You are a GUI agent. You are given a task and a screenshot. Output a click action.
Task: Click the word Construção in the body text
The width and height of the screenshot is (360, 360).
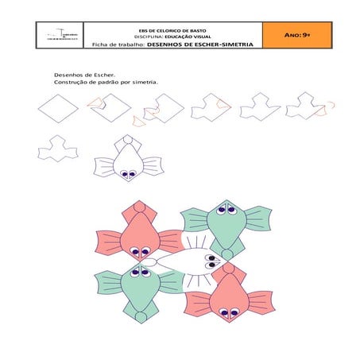pyautogui.click(x=70, y=82)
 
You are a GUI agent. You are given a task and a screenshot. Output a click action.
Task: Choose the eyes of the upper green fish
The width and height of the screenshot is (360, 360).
pyautogui.click(x=224, y=210)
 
